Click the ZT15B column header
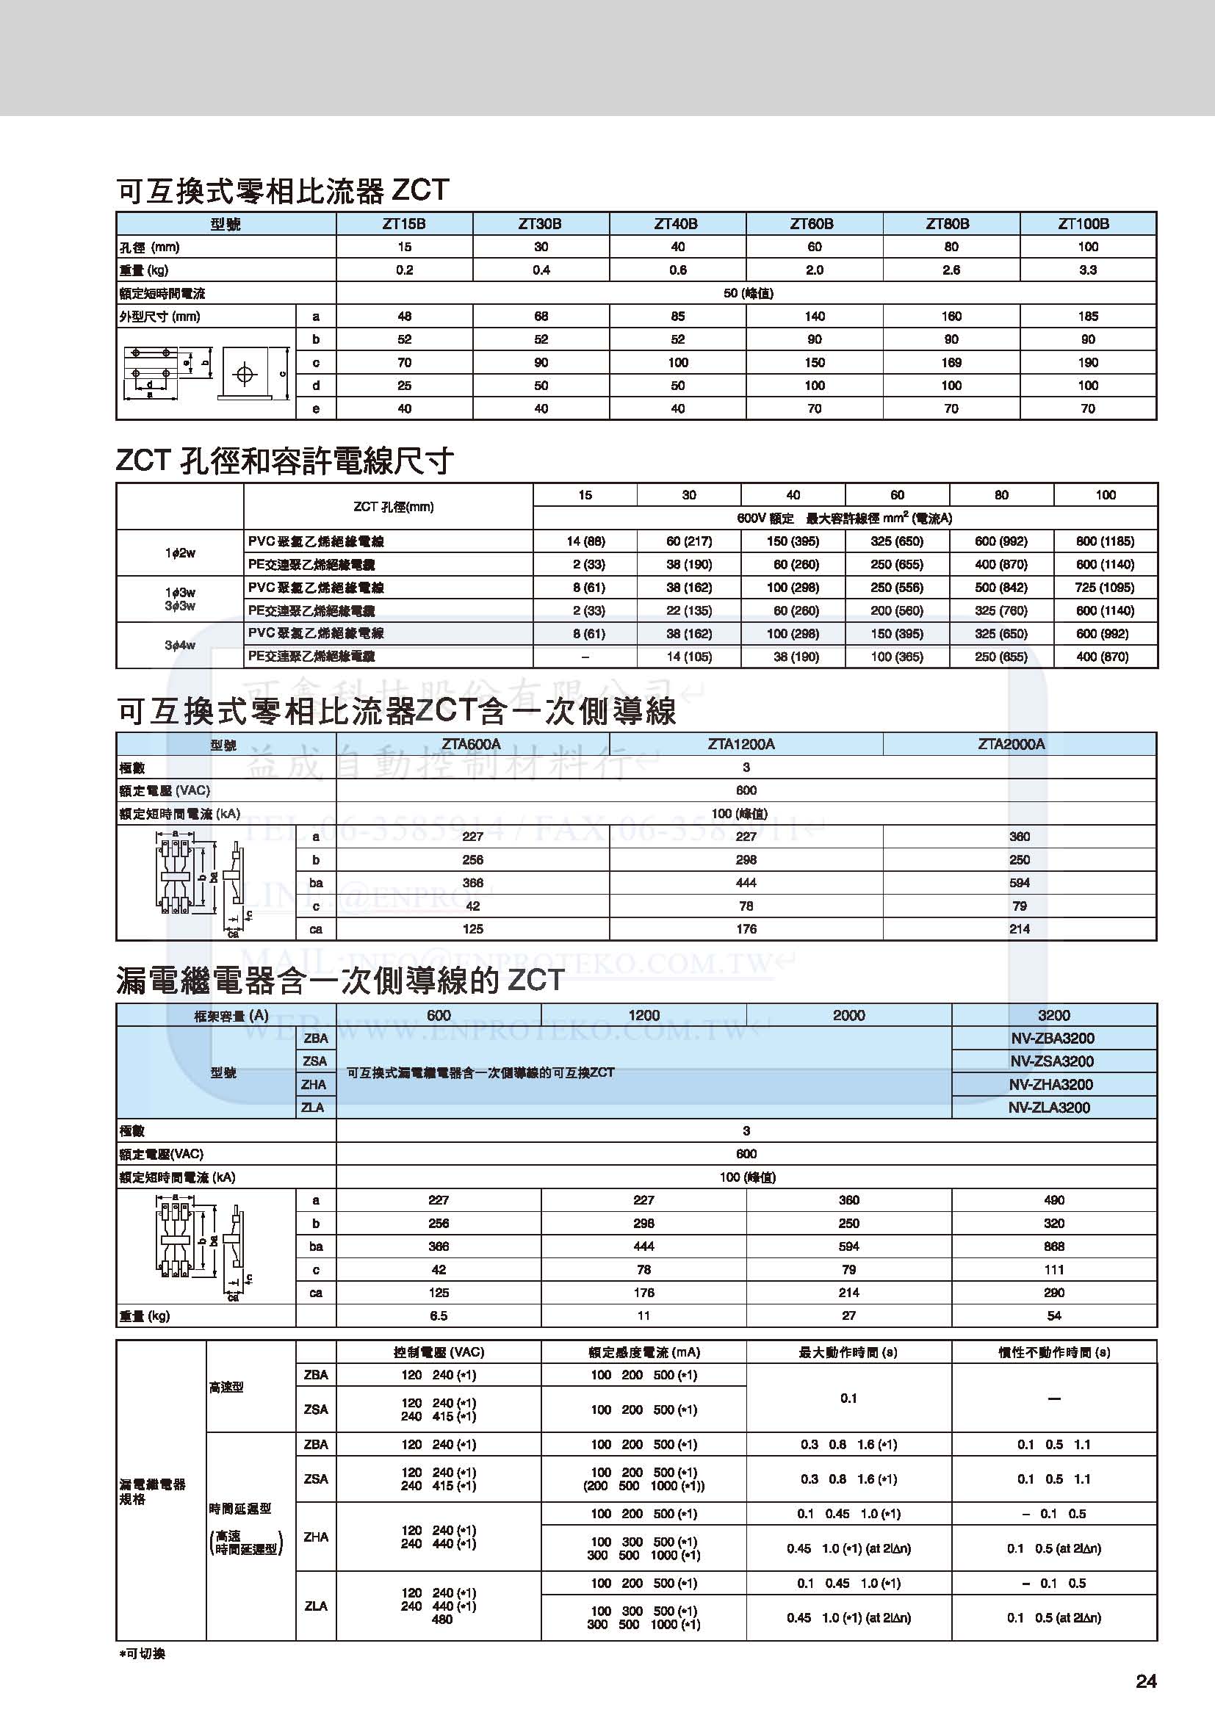(404, 224)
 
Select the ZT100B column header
(1088, 224)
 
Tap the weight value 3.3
(1088, 270)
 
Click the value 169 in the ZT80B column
(951, 363)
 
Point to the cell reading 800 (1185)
(1105, 541)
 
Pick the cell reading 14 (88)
(585, 541)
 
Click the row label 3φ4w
(179, 645)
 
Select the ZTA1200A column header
(745, 744)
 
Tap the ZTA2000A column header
(1018, 744)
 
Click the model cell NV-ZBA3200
(1053, 1038)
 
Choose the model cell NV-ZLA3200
(1053, 1108)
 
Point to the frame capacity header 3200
(1053, 1014)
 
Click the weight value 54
(1053, 1315)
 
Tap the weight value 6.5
(439, 1315)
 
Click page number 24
(1145, 1682)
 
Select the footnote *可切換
(143, 1653)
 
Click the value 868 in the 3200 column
(1053, 1246)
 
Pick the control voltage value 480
(441, 1620)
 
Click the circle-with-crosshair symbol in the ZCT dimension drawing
(245, 373)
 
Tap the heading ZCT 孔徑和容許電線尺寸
(284, 461)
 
